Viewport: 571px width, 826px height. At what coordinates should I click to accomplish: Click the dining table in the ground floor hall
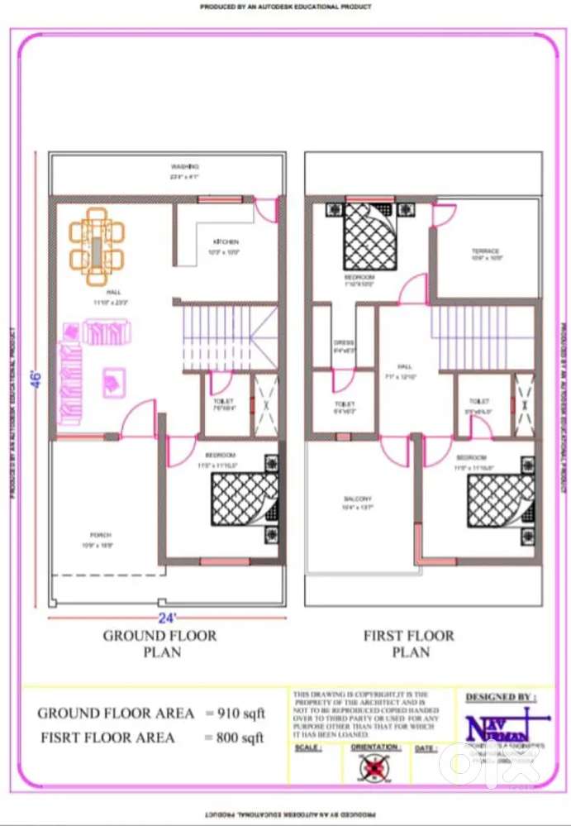tap(98, 241)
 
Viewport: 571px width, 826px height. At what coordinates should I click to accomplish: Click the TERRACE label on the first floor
tap(485, 251)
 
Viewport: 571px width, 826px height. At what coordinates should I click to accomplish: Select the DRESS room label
tap(344, 342)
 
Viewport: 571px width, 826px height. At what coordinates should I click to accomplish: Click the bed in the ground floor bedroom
tap(243, 499)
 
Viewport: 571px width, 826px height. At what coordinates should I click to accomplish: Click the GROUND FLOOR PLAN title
tap(159, 643)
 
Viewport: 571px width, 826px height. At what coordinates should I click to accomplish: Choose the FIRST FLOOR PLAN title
tap(409, 643)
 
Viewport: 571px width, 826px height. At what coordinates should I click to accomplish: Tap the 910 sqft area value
tap(236, 713)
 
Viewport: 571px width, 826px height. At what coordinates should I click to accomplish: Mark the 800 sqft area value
tap(236, 737)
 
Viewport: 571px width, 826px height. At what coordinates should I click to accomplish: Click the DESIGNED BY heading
tap(499, 697)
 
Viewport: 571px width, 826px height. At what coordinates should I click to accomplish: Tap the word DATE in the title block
tap(426, 748)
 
